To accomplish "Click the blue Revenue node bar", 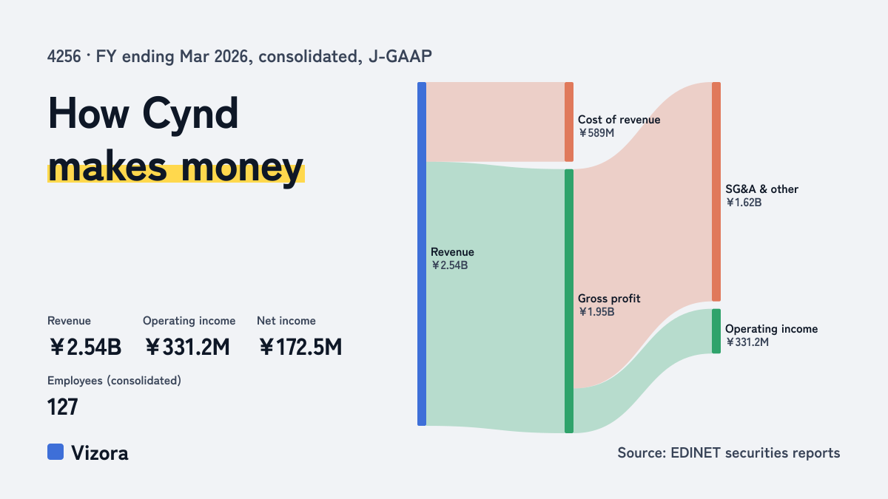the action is [422, 254].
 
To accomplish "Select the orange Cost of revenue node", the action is [569, 122].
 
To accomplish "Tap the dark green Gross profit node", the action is [569, 301].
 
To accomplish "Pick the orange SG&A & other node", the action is [716, 191].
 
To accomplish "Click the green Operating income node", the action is [716, 331].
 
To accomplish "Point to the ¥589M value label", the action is [596, 133].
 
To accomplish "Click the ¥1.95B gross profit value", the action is [596, 312].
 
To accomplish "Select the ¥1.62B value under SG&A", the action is [744, 203].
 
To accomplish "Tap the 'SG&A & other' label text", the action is [761, 189].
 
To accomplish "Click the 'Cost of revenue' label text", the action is [619, 120].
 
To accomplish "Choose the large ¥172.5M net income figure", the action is [300, 347].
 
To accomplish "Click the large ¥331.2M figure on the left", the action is [187, 347].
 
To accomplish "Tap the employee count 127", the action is [63, 407].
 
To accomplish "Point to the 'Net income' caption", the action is [286, 321].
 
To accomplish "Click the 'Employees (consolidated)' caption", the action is [114, 381].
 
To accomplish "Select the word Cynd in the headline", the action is [190, 114].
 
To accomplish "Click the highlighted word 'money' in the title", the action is [242, 169].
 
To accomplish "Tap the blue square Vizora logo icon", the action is [55, 452].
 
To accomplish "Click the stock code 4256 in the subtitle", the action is [64, 57].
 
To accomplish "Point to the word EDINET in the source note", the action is [696, 453].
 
